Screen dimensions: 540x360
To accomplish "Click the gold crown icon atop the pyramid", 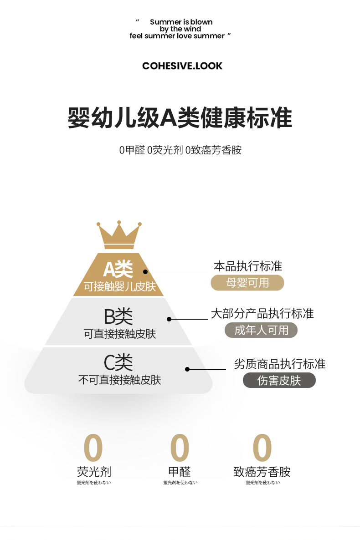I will (x=118, y=235).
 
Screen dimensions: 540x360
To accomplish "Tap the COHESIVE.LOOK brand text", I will (x=182, y=66).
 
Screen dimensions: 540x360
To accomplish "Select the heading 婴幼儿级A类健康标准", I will (x=180, y=117).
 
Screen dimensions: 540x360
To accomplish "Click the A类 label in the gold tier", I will (x=118, y=270).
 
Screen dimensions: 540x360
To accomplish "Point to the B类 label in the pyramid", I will (x=118, y=316).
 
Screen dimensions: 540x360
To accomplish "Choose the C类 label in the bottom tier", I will (x=118, y=362).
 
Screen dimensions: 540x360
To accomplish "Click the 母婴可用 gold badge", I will (x=247, y=283).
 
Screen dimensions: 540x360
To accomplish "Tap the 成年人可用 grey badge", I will (x=261, y=330).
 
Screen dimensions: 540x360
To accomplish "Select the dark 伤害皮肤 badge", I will (x=279, y=380).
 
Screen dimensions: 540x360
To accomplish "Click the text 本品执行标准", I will (x=248, y=266).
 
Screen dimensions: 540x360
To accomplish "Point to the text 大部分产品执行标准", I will (x=262, y=313).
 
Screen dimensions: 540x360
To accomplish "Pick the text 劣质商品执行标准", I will (x=280, y=364).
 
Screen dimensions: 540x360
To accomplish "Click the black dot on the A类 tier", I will (x=145, y=272).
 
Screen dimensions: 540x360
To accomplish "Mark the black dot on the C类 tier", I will (x=187, y=369).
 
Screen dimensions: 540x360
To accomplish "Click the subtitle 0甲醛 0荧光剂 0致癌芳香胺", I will (x=180, y=150).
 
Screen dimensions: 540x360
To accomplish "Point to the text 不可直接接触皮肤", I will (x=119, y=380).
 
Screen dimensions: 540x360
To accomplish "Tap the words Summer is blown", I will (x=181, y=22).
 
